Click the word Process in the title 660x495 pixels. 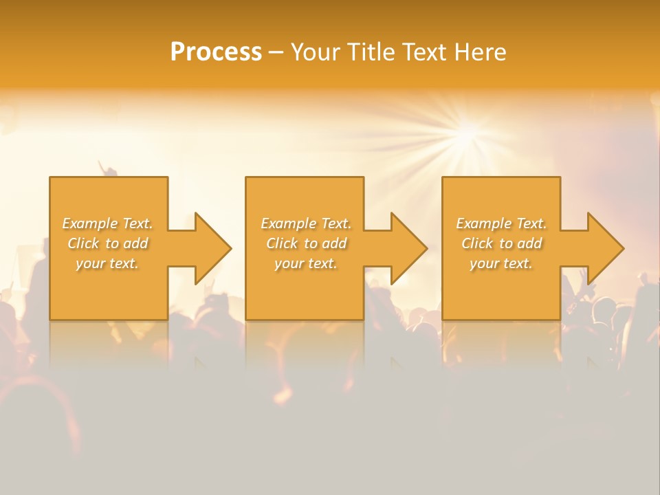pos(216,52)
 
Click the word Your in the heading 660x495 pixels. pos(316,52)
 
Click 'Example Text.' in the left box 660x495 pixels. pos(108,223)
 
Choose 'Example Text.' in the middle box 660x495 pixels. pos(306,223)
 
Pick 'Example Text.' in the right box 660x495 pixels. pos(501,223)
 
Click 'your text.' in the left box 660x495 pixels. pos(107,263)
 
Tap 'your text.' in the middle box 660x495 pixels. pos(306,263)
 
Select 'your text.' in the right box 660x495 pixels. pos(501,263)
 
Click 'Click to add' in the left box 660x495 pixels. pos(108,243)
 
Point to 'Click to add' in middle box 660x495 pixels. pos(306,243)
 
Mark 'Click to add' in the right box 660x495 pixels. pos(501,243)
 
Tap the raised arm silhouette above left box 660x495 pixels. pos(104,167)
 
